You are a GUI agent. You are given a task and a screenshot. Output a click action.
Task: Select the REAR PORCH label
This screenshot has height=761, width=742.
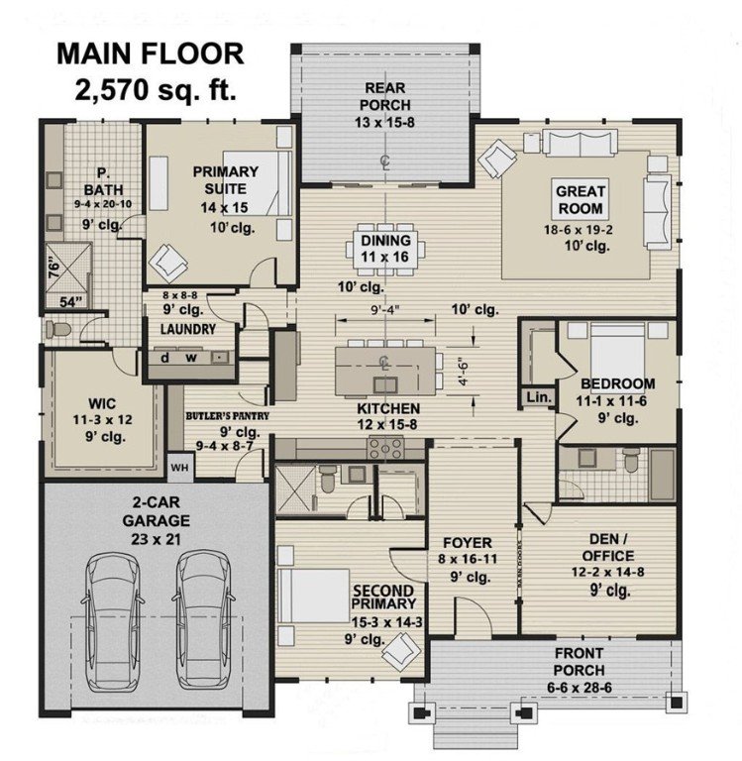coord(383,97)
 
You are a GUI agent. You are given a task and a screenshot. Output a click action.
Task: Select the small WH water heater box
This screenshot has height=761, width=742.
coord(179,466)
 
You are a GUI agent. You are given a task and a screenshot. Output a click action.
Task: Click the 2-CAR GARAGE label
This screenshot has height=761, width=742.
coord(157,509)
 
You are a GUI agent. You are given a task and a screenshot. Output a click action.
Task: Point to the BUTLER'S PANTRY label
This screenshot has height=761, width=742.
coord(226,416)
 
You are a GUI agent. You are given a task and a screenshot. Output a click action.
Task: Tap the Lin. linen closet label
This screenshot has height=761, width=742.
coord(536,397)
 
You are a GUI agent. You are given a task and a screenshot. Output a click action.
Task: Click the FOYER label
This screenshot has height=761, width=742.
coord(461,542)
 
